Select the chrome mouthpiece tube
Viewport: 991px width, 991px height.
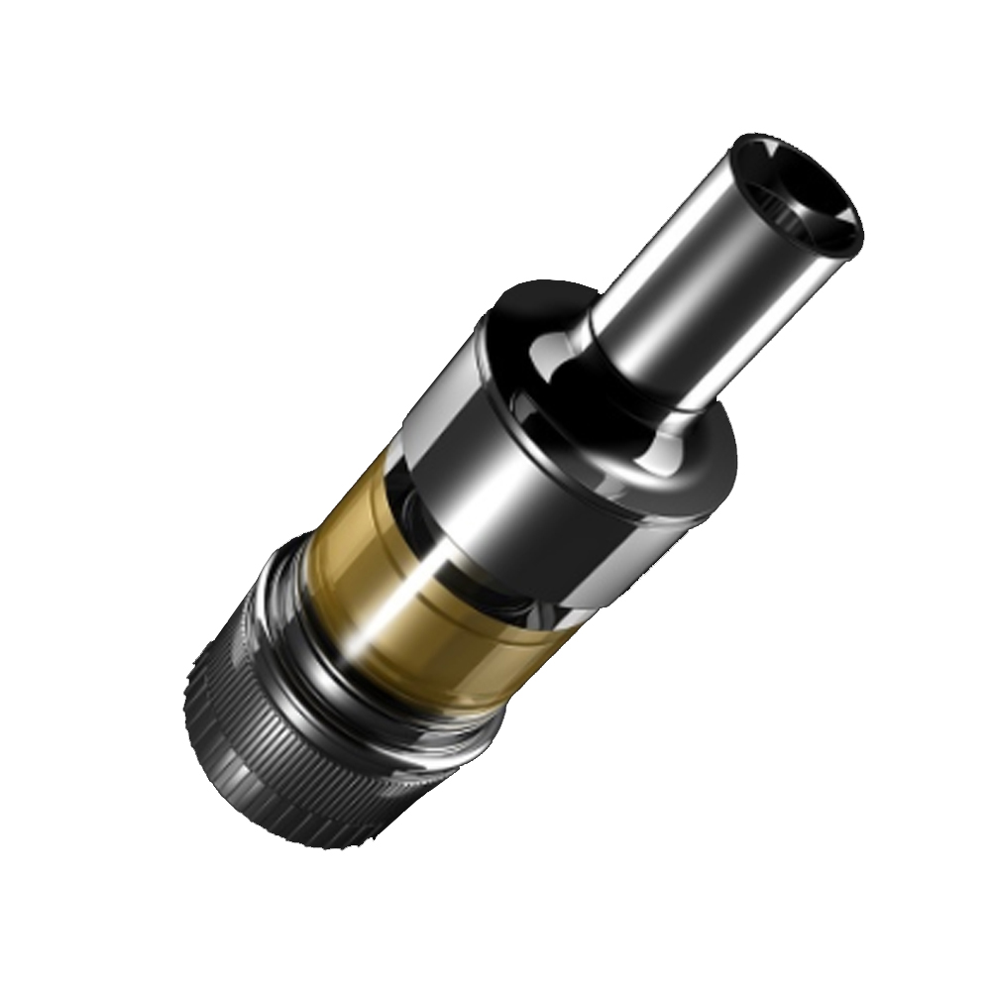pyautogui.click(x=684, y=297)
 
